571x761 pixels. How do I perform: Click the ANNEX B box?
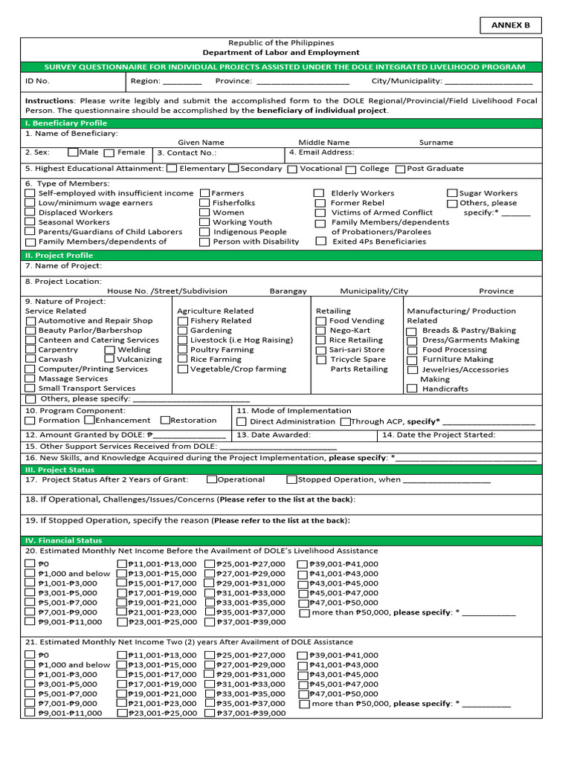pos(511,25)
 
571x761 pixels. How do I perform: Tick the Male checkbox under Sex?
pos(72,152)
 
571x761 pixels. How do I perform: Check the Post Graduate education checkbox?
pos(401,169)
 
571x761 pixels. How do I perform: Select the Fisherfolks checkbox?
pos(204,203)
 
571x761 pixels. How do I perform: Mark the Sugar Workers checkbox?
pos(452,193)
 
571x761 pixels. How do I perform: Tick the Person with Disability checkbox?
pos(204,242)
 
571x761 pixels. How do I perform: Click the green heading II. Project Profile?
pos(59,255)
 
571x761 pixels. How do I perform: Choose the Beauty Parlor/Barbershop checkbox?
pos(30,331)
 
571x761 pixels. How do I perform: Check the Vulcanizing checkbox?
pos(109,360)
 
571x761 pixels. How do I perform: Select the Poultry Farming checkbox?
pos(182,350)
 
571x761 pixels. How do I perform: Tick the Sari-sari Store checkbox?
pos(320,350)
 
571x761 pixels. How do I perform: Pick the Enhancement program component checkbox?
pos(89,421)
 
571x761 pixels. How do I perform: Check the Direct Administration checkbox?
pos(242,422)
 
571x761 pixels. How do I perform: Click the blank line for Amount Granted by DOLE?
pos(189,436)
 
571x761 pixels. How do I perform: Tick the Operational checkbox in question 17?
pos(212,480)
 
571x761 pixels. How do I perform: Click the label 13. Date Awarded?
pos(274,435)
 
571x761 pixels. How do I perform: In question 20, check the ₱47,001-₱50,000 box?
pos(303,603)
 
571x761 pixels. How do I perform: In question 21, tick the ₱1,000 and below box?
pos(30,665)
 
